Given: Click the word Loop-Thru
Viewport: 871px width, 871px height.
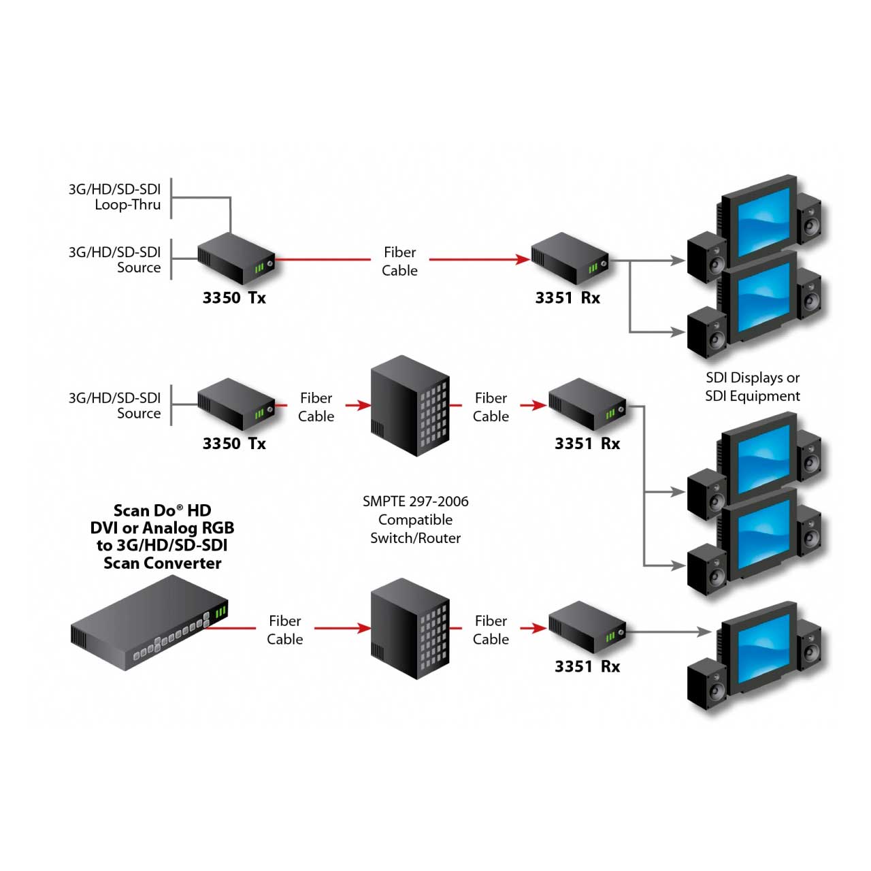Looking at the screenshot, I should coord(128,205).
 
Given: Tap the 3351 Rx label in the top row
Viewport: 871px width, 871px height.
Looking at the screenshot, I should coord(568,298).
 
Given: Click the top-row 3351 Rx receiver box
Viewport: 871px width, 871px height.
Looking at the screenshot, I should coord(569,259).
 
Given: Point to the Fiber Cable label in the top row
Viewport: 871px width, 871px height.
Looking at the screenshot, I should coord(399,261).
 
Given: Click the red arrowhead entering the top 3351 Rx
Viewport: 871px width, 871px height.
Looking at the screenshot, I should coord(523,259).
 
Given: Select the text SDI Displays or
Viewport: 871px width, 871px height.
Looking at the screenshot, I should coord(753,378).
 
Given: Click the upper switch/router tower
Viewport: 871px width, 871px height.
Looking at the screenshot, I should coord(410,406).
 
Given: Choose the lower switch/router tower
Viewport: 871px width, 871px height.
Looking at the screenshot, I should coord(410,629).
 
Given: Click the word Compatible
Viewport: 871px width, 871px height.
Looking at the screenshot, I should coord(415,520).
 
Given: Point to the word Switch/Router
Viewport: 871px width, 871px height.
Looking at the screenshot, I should coord(415,538).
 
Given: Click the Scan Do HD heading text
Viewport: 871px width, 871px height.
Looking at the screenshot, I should coord(162,510).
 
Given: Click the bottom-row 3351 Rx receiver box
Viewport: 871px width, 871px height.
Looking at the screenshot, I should coord(587,627).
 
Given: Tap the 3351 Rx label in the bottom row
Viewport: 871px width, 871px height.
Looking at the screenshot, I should coord(587,667).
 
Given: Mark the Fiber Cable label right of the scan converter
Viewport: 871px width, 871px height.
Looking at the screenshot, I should coord(284,630).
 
